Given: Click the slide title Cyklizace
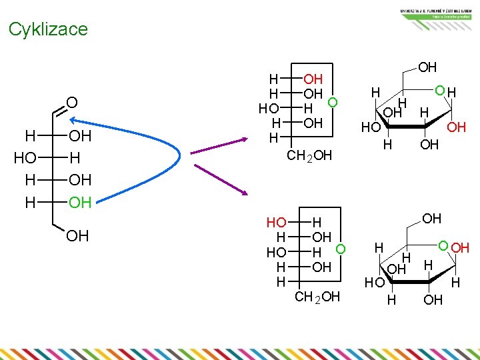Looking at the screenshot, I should pos(48,29).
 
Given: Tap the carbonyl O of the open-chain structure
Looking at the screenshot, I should pos(73,103).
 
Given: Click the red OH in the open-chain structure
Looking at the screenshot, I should pos(80,202).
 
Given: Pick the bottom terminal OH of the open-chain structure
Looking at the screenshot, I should pos(78,236).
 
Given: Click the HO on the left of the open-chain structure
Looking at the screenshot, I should pos(25,159).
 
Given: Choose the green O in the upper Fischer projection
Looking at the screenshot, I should pos(333,102).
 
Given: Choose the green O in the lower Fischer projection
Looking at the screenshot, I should pos(341,249).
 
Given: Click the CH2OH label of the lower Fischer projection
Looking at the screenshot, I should pos(317,297).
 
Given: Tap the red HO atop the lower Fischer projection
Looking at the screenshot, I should pos(277,222).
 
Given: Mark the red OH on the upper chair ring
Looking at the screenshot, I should pos(456,127).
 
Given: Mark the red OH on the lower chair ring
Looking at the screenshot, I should pos(460,248).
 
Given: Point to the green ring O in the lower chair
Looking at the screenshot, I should pos(443,247).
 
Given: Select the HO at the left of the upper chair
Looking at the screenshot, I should pos(371,127).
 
